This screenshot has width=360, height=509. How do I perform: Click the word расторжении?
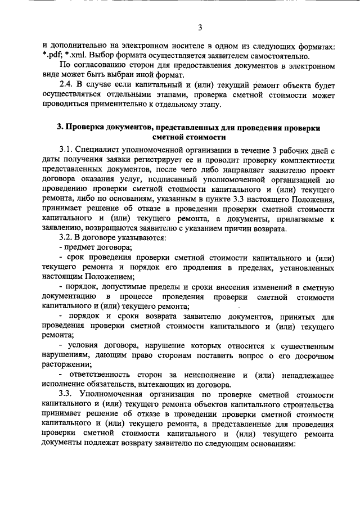pos(65,364)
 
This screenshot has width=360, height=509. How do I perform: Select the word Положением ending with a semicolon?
pos(110,276)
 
